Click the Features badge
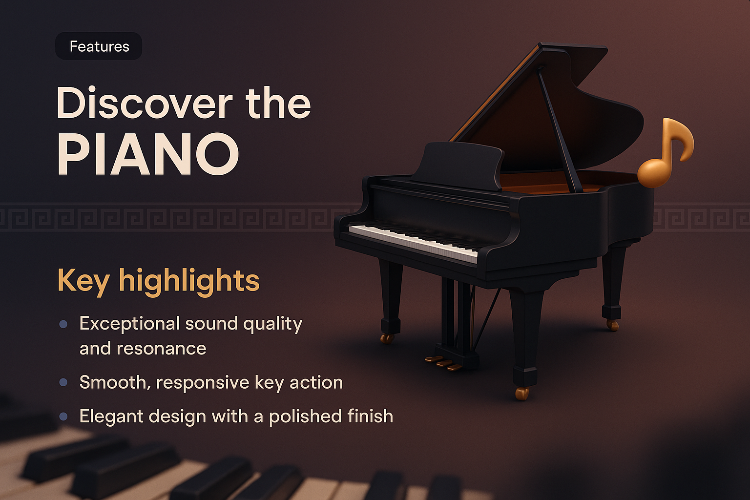pos(99,46)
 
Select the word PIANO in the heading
pos(148,154)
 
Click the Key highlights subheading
pos(158,281)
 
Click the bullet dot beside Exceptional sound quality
pos(63,324)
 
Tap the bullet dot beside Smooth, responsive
pos(63,382)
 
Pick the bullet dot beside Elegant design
pos(63,417)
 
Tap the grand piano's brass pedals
pos(443,363)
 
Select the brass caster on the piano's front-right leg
pos(522,394)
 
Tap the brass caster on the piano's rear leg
pos(612,325)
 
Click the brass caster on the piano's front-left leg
pos(387,338)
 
